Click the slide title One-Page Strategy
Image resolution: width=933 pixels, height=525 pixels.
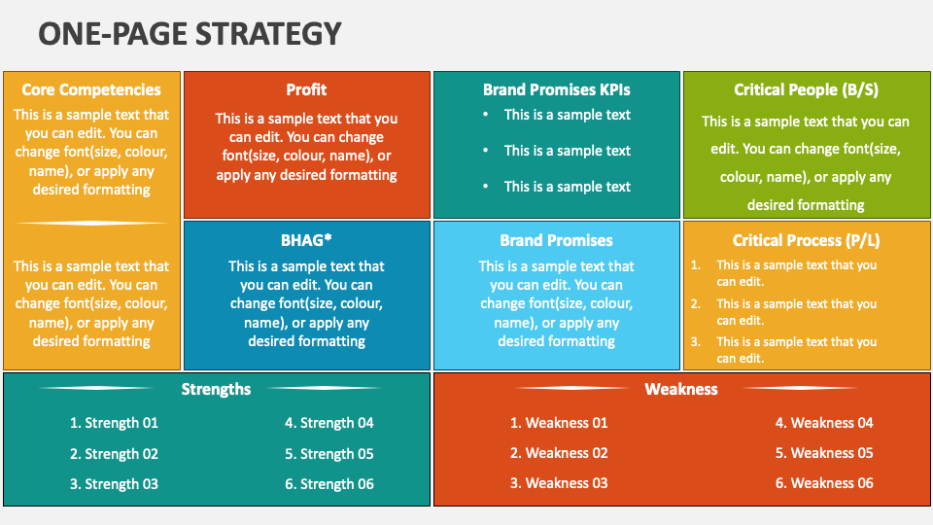pos(190,33)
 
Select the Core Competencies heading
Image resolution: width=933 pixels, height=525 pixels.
pos(91,89)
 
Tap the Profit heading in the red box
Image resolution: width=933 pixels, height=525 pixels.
pos(306,89)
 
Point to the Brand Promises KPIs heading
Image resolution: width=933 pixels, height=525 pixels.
pos(556,89)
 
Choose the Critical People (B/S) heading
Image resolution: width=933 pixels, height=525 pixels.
pos(806,89)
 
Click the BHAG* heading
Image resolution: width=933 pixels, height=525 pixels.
pos(306,240)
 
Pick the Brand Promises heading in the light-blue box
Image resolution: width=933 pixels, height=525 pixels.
pos(556,240)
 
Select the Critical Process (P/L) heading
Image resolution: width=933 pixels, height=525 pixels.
pos(806,240)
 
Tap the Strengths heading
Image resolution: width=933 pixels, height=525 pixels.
pos(216,389)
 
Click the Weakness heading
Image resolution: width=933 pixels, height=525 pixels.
pos(681,389)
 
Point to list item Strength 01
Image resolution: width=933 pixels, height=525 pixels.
pos(115,423)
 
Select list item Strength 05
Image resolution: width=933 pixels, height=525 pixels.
pos(329,454)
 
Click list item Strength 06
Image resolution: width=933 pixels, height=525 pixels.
pos(329,484)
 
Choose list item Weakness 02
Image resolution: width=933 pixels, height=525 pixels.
pos(559,454)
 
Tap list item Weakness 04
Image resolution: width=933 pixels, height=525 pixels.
pos(824,423)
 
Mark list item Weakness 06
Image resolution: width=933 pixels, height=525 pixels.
pos(824,483)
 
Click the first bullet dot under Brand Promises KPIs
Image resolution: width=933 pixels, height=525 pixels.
pos(486,115)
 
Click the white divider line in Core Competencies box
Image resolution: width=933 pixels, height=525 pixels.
pos(91,224)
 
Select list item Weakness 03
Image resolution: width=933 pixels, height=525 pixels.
pos(559,483)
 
